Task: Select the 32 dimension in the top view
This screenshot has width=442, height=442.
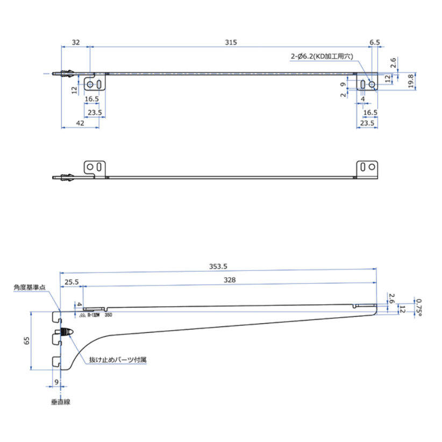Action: (76, 42)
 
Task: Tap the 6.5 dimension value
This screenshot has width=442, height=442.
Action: (374, 42)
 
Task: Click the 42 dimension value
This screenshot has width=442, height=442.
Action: (80, 123)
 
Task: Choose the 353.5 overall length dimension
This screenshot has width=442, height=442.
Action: (218, 266)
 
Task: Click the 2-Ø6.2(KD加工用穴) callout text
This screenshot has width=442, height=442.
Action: (322, 56)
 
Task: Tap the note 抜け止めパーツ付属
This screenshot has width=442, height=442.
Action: (118, 360)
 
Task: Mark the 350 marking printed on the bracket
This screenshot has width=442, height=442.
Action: (108, 316)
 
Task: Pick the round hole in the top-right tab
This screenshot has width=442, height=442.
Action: (372, 84)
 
